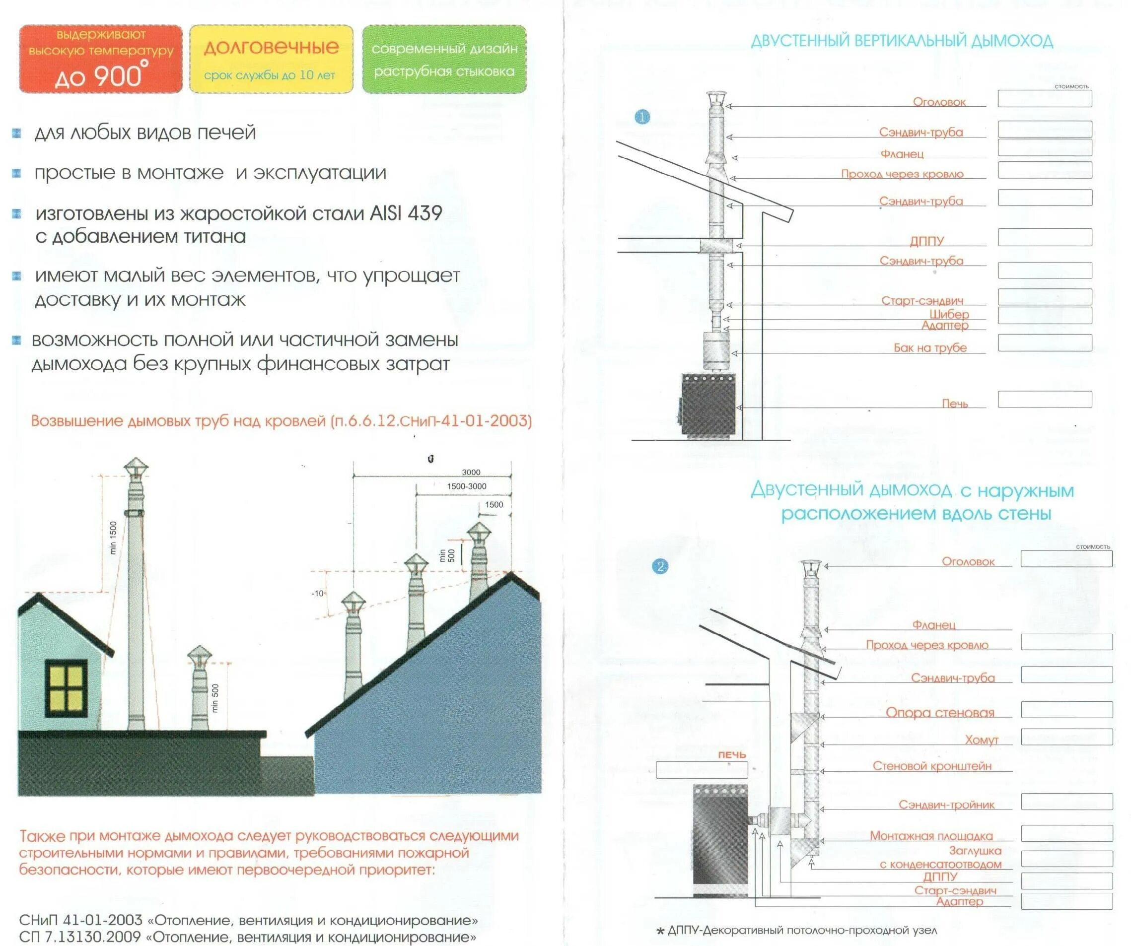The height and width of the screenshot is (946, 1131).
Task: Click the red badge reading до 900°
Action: pyautogui.click(x=101, y=59)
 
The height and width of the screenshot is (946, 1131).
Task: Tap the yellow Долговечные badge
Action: pyautogui.click(x=271, y=59)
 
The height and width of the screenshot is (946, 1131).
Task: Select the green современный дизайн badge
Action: pyautogui.click(x=444, y=59)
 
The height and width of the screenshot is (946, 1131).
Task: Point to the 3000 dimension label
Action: pyautogui.click(x=471, y=472)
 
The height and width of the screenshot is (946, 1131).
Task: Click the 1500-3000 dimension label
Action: pyautogui.click(x=466, y=486)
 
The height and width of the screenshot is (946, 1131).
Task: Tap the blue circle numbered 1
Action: pyautogui.click(x=642, y=117)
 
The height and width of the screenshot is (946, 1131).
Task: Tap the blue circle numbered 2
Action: pyautogui.click(x=660, y=566)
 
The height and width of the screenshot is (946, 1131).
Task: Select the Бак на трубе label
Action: pyautogui.click(x=930, y=348)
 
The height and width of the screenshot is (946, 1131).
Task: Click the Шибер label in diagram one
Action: pyautogui.click(x=949, y=314)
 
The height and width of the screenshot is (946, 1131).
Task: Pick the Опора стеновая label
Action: pyautogui.click(x=940, y=712)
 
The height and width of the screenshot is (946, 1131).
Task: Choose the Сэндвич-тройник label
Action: pyautogui.click(x=946, y=805)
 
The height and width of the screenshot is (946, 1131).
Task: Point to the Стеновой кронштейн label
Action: pyautogui.click(x=932, y=766)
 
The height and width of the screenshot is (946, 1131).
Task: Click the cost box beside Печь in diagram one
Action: pyautogui.click(x=1044, y=399)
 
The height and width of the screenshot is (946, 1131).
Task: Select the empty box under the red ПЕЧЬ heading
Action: pyautogui.click(x=702, y=769)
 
